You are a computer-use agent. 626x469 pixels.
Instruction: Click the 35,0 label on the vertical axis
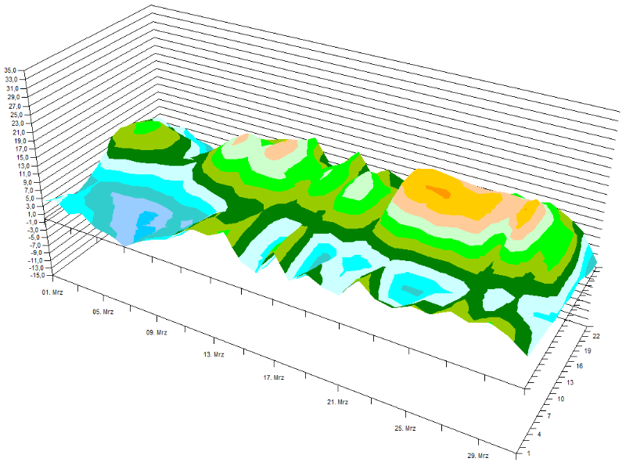[10, 70]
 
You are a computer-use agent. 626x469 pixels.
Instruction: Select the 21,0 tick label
[18, 132]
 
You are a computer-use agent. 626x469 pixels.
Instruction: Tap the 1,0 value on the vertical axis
[33, 214]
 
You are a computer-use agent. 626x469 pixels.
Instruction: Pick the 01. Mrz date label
[52, 292]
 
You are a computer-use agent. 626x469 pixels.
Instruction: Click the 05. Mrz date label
[103, 312]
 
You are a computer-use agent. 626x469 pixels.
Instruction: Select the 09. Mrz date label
[156, 333]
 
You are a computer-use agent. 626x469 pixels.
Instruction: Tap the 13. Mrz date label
[214, 355]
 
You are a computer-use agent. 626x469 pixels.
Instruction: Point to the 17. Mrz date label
[274, 378]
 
